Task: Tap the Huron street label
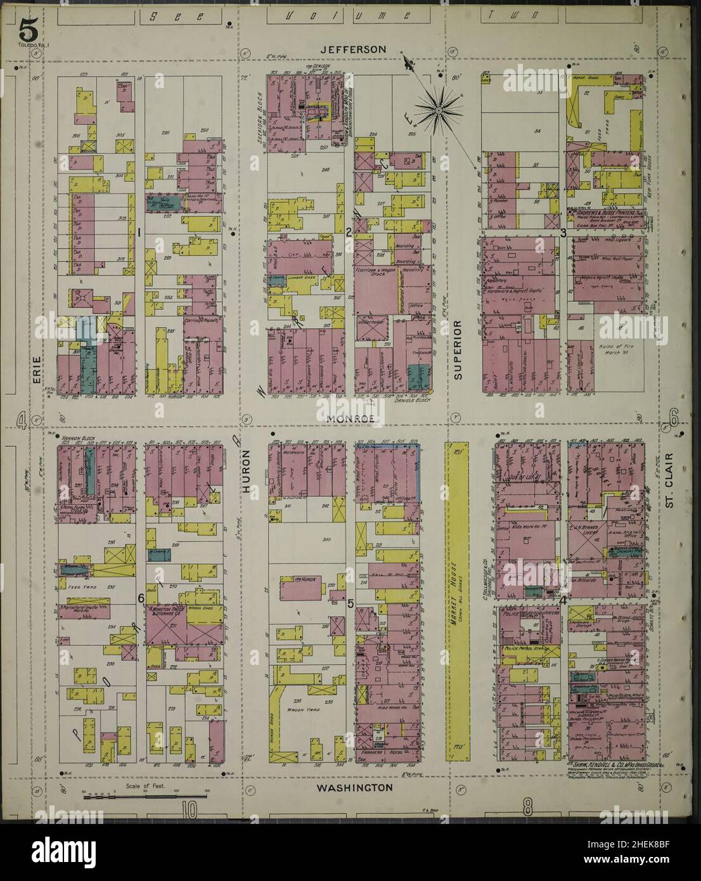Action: (x=248, y=472)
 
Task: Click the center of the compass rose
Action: (x=438, y=110)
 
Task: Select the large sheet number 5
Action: (x=27, y=28)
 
